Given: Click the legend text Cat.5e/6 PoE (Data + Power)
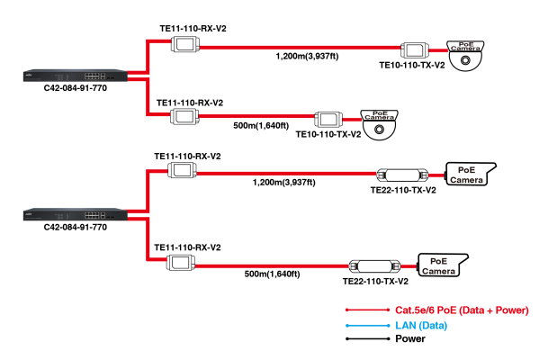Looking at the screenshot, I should pyautogui.click(x=457, y=310).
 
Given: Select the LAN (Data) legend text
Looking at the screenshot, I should pyautogui.click(x=423, y=325).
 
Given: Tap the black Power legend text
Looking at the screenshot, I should pyautogui.click(x=410, y=340).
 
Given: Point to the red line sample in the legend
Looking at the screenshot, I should pyautogui.click(x=356, y=310).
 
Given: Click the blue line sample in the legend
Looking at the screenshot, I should pyautogui.click(x=356, y=325).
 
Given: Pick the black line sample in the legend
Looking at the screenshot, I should pyautogui.click(x=356, y=340).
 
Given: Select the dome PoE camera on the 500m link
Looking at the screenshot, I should pyautogui.click(x=381, y=122).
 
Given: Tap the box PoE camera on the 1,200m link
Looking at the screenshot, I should pyautogui.click(x=466, y=174).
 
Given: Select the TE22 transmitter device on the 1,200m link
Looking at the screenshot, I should pyautogui.click(x=402, y=175).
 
